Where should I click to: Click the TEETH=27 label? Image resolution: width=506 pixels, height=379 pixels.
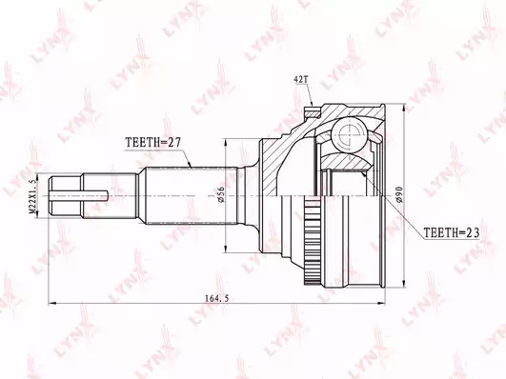click(153, 142)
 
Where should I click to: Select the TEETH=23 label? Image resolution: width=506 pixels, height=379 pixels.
click(451, 232)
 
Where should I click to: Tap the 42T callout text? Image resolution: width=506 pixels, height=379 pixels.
click(300, 80)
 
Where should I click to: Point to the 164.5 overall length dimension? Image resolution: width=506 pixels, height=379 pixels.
click(216, 298)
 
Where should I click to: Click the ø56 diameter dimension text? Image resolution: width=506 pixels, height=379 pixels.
click(221, 195)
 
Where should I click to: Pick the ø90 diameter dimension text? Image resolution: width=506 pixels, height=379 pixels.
click(399, 194)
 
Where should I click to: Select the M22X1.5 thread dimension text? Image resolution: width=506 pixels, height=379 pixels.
click(33, 195)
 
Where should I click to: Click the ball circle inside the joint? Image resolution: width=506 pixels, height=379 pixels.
click(350, 134)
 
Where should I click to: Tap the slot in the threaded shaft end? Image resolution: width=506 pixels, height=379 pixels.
click(79, 195)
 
